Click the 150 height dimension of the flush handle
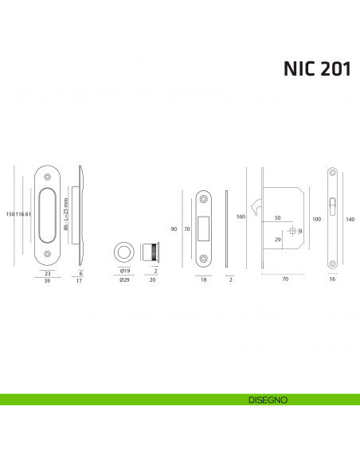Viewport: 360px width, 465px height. [x=8, y=214]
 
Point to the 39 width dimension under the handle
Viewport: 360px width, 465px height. [x=47, y=280]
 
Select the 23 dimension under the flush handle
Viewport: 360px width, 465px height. [x=47, y=272]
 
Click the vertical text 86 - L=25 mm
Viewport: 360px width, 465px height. [x=65, y=214]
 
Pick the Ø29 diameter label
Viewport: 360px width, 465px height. [x=124, y=280]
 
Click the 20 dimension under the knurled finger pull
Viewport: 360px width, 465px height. [x=151, y=280]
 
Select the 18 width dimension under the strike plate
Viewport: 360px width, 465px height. [x=203, y=280]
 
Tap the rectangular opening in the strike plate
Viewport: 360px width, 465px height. [x=203, y=228]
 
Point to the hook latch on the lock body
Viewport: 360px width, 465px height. [x=256, y=209]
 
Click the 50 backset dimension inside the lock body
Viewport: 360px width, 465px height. [x=279, y=217]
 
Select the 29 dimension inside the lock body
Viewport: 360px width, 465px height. [x=277, y=239]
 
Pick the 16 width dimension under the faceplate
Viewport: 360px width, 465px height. [x=332, y=280]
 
